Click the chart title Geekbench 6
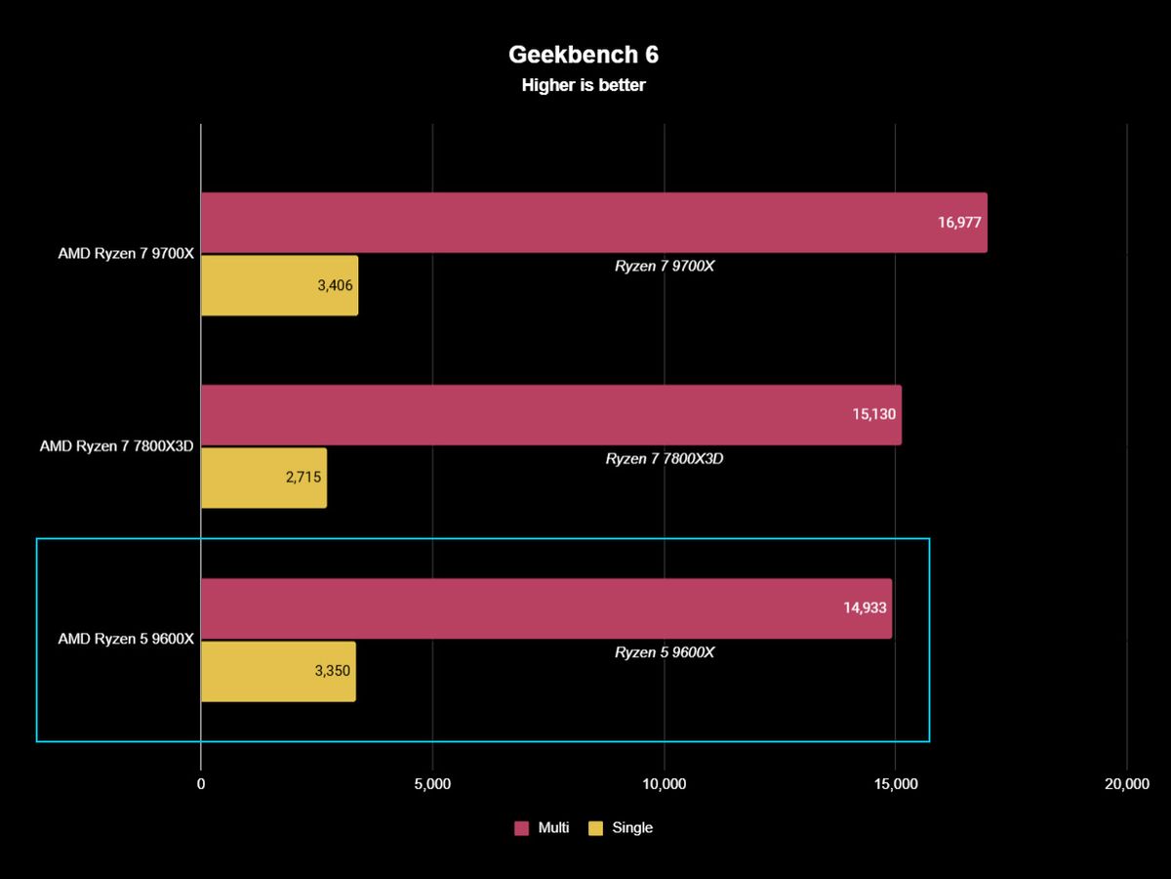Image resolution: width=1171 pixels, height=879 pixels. point(584,55)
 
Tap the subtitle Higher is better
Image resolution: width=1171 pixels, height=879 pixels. point(584,85)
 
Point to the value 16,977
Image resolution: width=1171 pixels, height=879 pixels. point(959,223)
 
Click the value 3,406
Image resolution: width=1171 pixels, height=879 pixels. point(335,286)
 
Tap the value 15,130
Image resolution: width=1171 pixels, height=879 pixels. point(873,414)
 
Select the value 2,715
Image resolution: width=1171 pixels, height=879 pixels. point(303,478)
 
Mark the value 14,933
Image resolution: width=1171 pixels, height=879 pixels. point(865,607)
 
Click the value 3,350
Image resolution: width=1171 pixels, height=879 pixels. point(333,671)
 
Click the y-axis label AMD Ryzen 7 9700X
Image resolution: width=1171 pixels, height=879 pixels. point(126,254)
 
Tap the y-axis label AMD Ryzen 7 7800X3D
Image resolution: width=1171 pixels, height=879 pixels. point(117,446)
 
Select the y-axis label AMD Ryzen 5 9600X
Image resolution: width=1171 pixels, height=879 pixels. point(126,639)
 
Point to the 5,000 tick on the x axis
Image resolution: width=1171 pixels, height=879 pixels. point(432,783)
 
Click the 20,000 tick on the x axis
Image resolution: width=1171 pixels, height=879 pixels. point(1126,783)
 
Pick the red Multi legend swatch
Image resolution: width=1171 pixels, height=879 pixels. point(521,828)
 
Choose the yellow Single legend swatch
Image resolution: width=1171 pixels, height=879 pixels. point(595,828)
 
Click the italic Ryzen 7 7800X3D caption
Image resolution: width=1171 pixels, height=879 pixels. point(665,458)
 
